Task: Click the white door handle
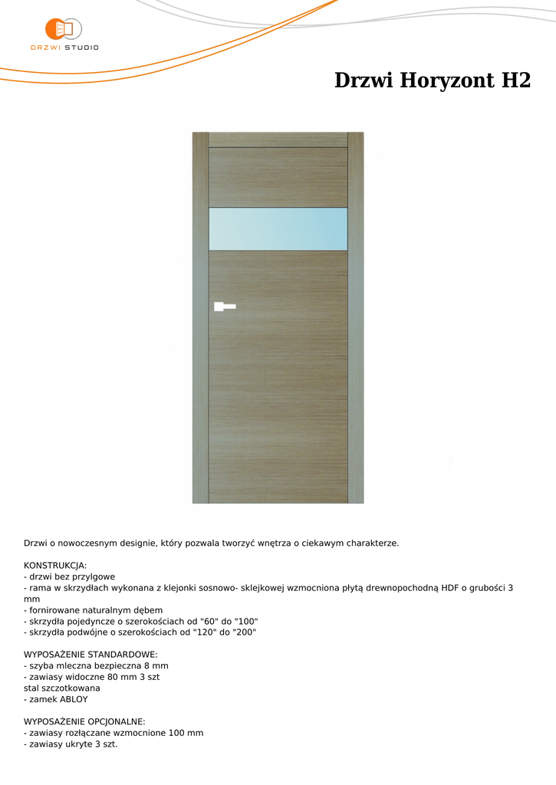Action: [x=224, y=307]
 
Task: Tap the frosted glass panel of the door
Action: [x=278, y=228]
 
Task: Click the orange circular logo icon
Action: [x=58, y=29]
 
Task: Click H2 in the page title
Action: [x=516, y=80]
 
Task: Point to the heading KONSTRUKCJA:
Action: [x=55, y=565]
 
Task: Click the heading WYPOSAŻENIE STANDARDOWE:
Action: [x=90, y=655]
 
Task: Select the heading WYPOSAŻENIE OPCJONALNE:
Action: [x=84, y=721]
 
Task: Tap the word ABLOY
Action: [x=74, y=699]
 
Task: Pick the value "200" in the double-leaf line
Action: [x=243, y=632]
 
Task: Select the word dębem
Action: [x=148, y=610]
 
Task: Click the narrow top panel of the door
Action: [x=278, y=140]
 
